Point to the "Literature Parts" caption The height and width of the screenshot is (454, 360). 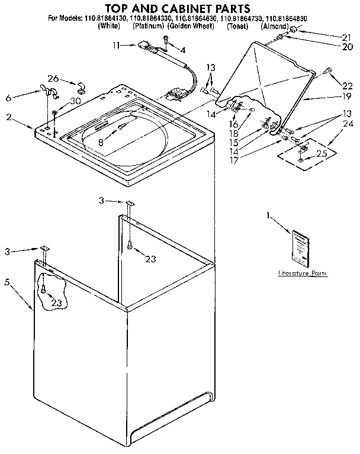(302, 274)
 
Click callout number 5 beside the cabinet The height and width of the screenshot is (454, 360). (7, 282)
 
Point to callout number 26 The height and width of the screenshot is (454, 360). (53, 79)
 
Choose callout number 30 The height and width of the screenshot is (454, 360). (75, 101)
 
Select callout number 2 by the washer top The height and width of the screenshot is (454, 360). (8, 117)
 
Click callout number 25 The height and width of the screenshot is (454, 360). (322, 153)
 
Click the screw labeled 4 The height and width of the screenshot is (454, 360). (166, 40)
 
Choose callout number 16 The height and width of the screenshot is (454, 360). (234, 125)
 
